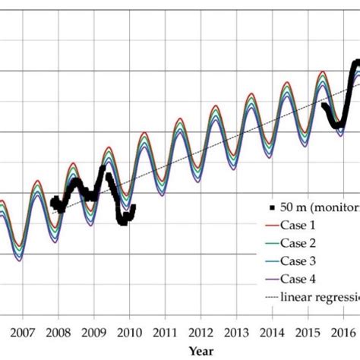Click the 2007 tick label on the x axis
(x=22, y=332)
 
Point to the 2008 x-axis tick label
(x=58, y=332)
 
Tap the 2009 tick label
(x=93, y=332)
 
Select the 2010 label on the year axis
(x=129, y=332)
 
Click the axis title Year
(x=201, y=351)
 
